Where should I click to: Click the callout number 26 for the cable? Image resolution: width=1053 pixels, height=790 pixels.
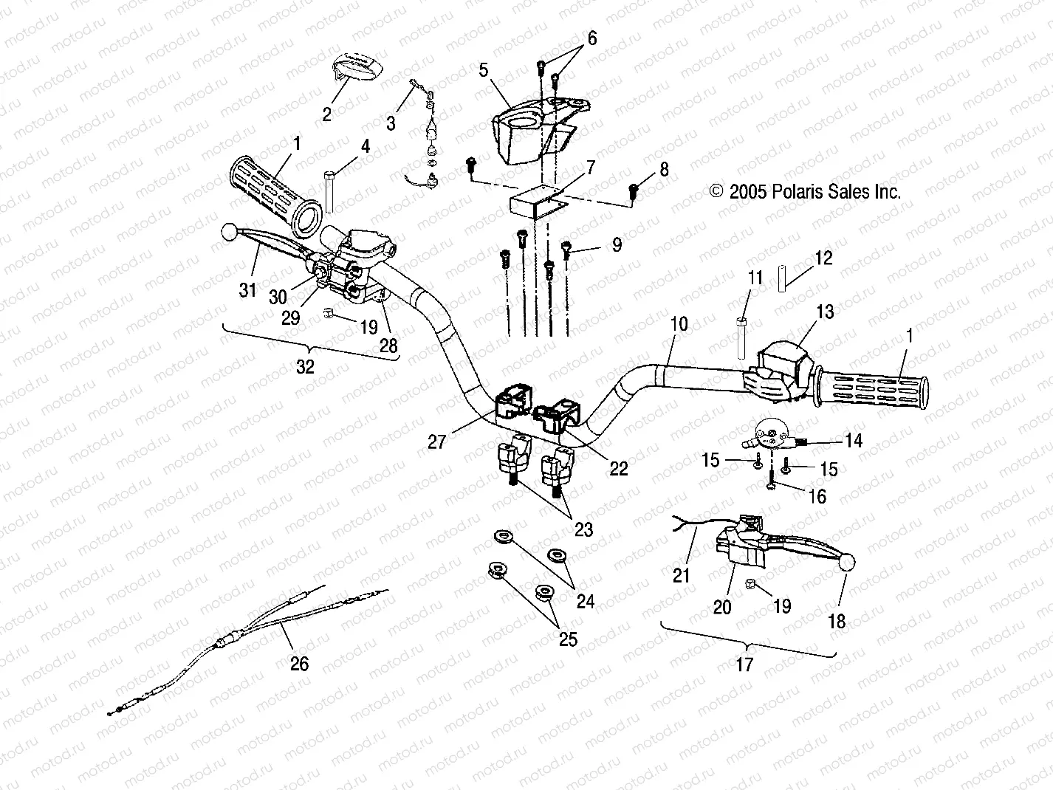click(298, 664)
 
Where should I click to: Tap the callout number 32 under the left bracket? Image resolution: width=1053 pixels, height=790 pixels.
click(304, 366)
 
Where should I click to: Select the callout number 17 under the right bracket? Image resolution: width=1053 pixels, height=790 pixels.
click(744, 664)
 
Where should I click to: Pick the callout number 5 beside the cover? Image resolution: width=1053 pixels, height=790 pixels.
click(484, 70)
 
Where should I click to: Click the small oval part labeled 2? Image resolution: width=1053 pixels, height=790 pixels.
click(357, 68)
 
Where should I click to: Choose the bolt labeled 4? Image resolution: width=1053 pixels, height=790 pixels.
click(329, 190)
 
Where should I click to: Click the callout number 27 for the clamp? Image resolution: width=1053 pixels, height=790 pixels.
click(437, 442)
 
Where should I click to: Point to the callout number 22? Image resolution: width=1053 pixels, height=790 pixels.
click(618, 468)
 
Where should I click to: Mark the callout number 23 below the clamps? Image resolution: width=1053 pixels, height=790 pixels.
click(583, 529)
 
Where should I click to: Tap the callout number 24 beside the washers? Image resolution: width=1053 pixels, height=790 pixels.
click(585, 602)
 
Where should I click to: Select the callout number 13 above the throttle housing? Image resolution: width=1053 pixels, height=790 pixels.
click(825, 312)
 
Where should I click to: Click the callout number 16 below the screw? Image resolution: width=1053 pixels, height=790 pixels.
click(817, 496)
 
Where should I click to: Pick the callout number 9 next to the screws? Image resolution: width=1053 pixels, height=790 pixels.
click(617, 244)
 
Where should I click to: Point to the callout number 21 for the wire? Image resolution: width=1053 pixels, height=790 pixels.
click(681, 574)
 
